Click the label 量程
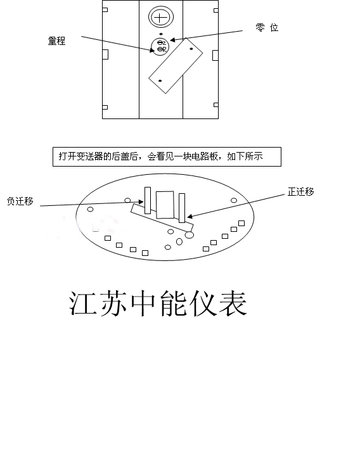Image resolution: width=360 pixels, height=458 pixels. point(56,41)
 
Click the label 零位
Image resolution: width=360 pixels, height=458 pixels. point(267,27)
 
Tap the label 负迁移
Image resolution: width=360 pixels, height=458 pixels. point(20,201)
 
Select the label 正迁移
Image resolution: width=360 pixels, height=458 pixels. point(300,191)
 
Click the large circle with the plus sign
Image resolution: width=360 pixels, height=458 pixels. point(161,18)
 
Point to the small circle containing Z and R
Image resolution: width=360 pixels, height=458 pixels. point(160,46)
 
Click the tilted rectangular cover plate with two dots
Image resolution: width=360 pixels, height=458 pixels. point(176,66)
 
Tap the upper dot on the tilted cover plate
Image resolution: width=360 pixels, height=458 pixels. point(191,49)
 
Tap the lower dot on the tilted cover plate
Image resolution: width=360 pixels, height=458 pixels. point(160,80)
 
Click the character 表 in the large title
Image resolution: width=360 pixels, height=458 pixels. point(233,303)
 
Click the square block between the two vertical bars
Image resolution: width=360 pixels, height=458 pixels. point(165,205)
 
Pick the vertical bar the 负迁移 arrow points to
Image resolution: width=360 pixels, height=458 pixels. point(148,200)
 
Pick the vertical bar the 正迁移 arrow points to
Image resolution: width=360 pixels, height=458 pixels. point(182,208)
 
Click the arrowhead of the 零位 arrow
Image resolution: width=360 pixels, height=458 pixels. point(172,40)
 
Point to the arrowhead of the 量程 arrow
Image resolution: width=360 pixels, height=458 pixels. point(152,50)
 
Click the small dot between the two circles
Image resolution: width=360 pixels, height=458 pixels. point(161,34)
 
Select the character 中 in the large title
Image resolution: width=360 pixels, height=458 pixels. point(143,303)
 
